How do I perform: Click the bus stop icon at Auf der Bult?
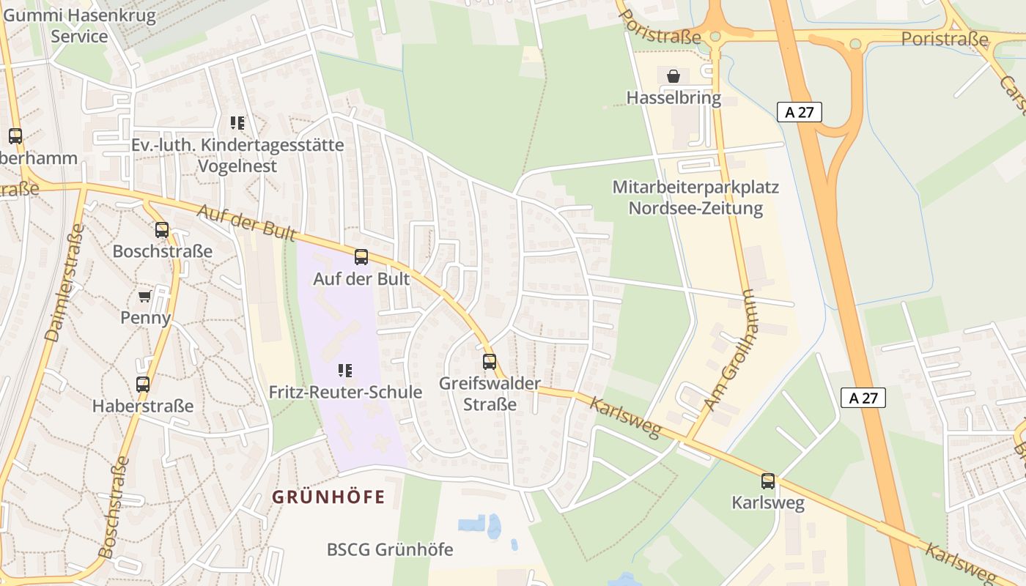[x=361, y=257]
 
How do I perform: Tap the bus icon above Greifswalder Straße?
[x=490, y=361]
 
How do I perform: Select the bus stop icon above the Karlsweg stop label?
[x=768, y=481]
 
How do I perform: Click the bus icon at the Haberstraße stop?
[x=143, y=384]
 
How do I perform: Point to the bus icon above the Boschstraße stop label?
[x=162, y=229]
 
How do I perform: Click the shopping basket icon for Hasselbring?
[x=673, y=75]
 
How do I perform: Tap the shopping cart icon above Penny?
[x=145, y=296]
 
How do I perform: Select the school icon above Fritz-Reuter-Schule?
[x=345, y=371]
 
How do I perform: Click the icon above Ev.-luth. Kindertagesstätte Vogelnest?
[x=237, y=122]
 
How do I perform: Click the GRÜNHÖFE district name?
[x=328, y=497]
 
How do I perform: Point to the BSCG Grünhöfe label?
[x=390, y=549]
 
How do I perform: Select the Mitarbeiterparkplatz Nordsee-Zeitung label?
[x=695, y=198]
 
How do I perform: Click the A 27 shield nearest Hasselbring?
[x=800, y=112]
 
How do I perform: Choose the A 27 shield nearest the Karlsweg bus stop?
[x=863, y=398]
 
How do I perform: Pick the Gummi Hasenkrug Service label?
[x=80, y=26]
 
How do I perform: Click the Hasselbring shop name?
[x=673, y=97]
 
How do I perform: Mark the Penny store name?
[x=145, y=318]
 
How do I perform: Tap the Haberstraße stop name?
[x=143, y=406]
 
